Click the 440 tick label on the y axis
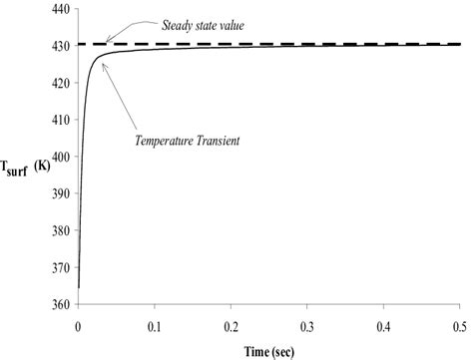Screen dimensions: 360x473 tap(59, 9)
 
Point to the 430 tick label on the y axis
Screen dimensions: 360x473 tap(59, 46)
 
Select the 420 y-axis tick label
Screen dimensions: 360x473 tap(59, 83)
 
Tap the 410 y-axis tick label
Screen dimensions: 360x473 tap(59, 120)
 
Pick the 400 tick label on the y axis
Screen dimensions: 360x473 tap(59, 157)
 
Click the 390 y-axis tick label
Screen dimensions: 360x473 tap(59, 193)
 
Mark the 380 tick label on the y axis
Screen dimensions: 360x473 tap(59, 230)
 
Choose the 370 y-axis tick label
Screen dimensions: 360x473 tap(59, 267)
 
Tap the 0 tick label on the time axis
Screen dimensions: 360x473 tap(78, 324)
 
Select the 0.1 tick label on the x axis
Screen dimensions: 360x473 tap(155, 324)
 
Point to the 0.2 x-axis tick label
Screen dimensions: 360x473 tap(232, 324)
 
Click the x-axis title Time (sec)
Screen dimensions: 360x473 tap(265, 349)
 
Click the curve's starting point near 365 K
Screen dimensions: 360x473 tap(78, 287)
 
